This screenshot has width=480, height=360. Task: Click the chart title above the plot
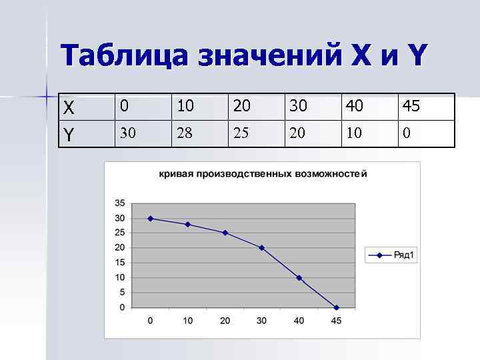262,174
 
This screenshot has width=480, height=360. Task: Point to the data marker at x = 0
150,218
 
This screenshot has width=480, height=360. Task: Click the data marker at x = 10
187,224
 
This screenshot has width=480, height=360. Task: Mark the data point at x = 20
225,233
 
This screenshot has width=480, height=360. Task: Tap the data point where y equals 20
261,247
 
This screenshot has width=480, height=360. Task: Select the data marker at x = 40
299,277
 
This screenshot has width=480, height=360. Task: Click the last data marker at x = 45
336,307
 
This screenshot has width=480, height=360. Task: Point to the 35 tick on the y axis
120,203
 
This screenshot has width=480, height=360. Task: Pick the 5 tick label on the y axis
122,293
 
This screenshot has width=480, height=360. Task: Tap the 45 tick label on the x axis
336,321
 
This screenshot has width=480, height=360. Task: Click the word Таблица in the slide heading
123,56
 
